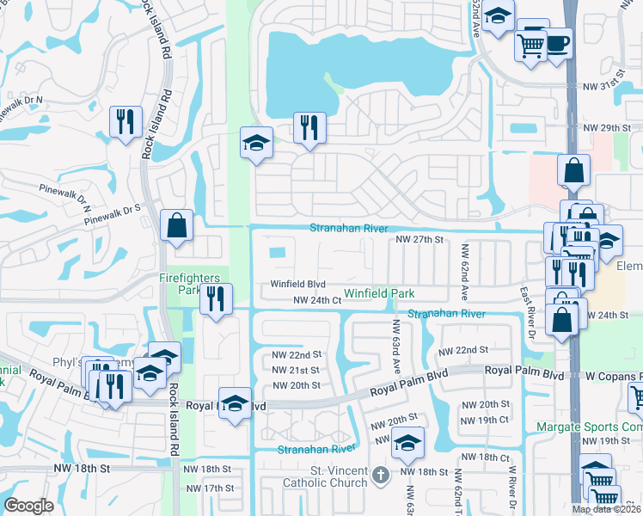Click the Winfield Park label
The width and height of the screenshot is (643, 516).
click(x=379, y=293)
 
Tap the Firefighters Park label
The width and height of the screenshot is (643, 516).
click(x=194, y=284)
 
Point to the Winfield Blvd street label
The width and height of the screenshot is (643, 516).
click(x=298, y=284)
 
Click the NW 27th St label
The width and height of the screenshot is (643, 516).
click(x=418, y=240)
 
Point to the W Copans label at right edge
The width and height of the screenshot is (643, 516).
click(x=615, y=377)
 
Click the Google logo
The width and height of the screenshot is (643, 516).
click(x=28, y=506)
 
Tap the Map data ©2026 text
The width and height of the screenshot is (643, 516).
click(x=606, y=509)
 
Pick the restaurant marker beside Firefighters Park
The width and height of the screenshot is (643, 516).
click(x=215, y=298)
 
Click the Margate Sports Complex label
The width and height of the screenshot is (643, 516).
click(x=589, y=426)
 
